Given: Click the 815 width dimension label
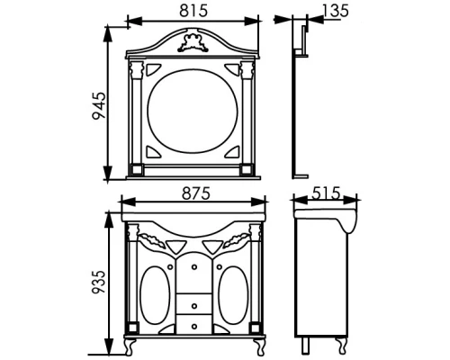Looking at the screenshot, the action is click(x=193, y=11).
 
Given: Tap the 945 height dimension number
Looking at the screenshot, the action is click(x=99, y=106).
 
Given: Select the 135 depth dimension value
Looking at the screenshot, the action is click(x=336, y=11).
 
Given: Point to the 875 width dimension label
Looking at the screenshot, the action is click(x=196, y=193).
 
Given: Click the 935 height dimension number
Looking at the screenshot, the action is click(x=99, y=283).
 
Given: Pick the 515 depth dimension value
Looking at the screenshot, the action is click(x=326, y=193).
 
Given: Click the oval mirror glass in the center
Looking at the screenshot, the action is click(x=193, y=111).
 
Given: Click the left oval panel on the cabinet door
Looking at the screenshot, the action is click(x=156, y=295).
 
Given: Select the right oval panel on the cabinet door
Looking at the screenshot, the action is click(x=233, y=295).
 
